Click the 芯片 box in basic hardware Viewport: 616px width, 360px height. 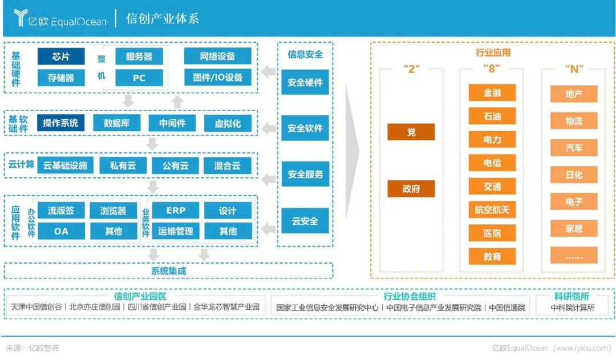[x=60, y=56]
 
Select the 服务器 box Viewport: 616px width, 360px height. [x=139, y=56]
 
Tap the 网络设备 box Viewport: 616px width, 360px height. [x=217, y=56]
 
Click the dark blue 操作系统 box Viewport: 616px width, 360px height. [x=60, y=123]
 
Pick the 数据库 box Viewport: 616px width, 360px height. [x=116, y=123]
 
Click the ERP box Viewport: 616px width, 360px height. [x=176, y=211]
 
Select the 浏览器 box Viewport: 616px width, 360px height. [x=113, y=211]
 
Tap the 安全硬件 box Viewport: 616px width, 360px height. [x=305, y=82]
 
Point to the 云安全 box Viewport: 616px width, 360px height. [x=305, y=221]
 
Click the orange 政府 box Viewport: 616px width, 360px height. [x=411, y=189]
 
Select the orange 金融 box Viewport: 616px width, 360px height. [x=492, y=92]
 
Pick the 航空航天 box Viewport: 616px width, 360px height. [x=492, y=209]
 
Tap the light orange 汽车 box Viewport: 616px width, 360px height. [x=574, y=148]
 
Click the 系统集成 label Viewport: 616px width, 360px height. [x=168, y=271]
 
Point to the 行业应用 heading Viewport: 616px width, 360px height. [x=493, y=53]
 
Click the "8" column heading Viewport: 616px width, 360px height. [x=492, y=69]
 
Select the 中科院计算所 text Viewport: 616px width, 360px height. [x=572, y=308]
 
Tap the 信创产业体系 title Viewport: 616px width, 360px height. [x=162, y=18]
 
